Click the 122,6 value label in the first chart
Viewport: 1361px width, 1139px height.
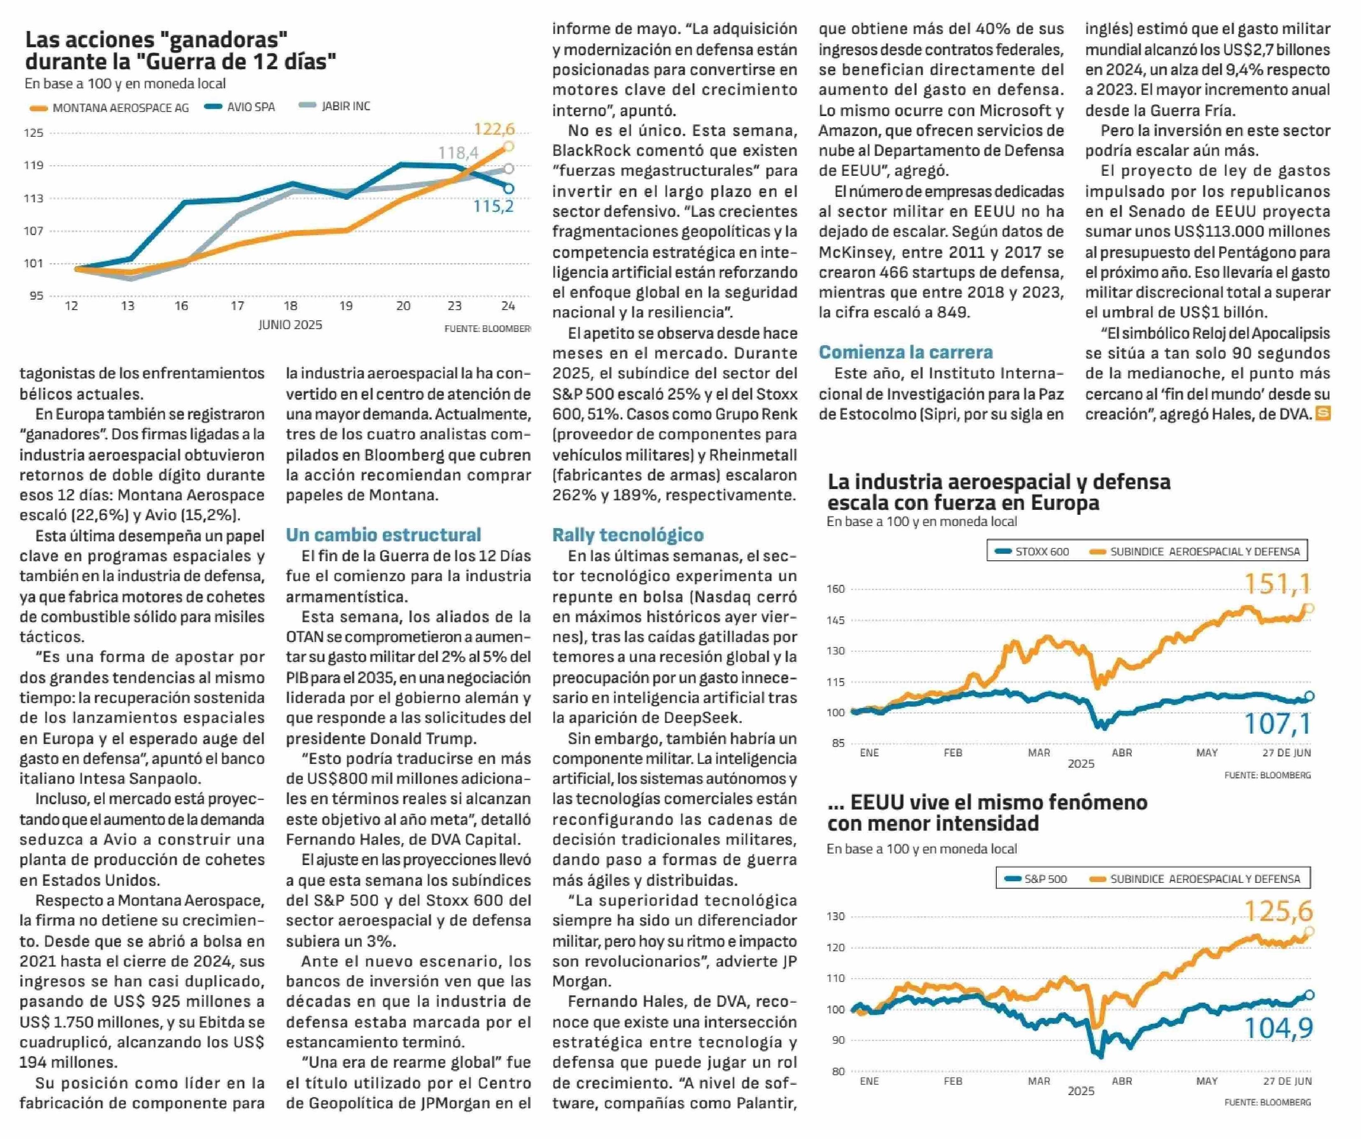click(494, 129)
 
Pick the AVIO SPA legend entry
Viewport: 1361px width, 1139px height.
click(240, 107)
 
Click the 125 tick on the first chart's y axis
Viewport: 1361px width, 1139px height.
click(34, 133)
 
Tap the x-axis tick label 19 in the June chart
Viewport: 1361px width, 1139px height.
click(346, 305)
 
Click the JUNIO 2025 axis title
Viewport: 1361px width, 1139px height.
click(291, 325)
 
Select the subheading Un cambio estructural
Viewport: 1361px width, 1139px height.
click(384, 535)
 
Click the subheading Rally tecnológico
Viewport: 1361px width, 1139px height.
click(628, 535)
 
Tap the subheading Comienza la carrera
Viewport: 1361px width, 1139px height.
click(906, 352)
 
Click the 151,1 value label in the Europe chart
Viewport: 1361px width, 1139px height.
click(1277, 584)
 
